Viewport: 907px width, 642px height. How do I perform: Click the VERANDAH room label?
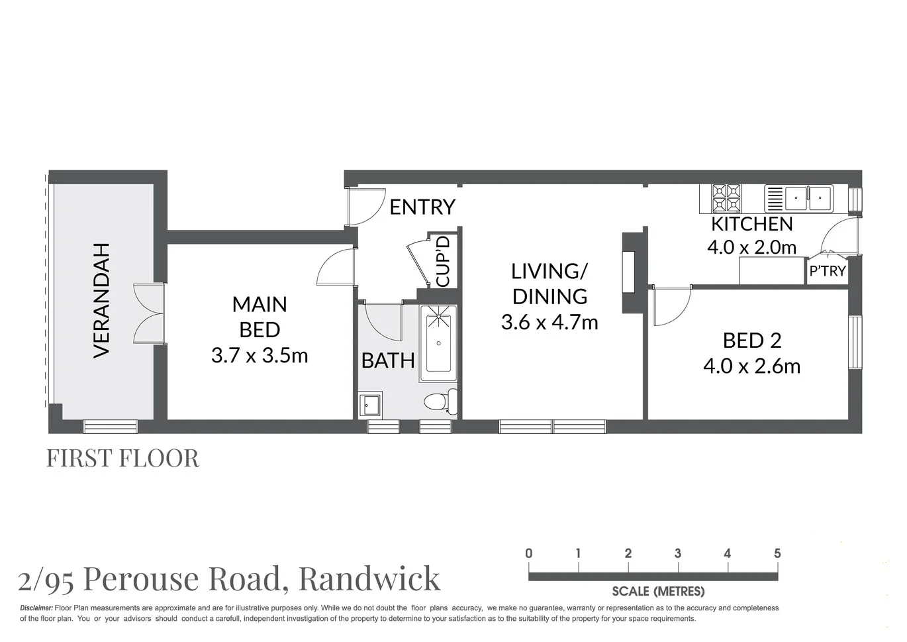[101, 300]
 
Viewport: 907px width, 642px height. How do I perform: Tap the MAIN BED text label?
[260, 317]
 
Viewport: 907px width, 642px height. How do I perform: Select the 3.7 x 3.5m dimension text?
[260, 356]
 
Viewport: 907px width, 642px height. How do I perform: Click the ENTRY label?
[422, 207]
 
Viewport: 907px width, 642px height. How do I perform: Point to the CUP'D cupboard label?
[443, 261]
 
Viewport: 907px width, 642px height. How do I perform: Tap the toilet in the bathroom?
[438, 401]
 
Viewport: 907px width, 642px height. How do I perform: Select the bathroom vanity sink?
[370, 403]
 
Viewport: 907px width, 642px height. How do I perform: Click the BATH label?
[388, 361]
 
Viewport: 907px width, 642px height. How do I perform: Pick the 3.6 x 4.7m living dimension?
[549, 323]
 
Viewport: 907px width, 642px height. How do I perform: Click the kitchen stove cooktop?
[726, 197]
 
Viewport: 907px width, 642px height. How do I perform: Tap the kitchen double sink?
[808, 197]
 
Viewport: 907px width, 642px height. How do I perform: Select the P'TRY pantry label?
[828, 271]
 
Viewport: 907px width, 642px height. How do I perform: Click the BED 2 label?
[752, 341]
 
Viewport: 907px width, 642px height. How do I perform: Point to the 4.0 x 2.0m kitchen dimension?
[752, 247]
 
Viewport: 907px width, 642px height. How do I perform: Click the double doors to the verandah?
[148, 313]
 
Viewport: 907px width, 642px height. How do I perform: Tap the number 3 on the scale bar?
[678, 553]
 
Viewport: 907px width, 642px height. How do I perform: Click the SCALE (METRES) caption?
[658, 591]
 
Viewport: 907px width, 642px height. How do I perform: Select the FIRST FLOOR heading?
[122, 458]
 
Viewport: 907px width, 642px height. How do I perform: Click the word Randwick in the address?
[369, 578]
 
